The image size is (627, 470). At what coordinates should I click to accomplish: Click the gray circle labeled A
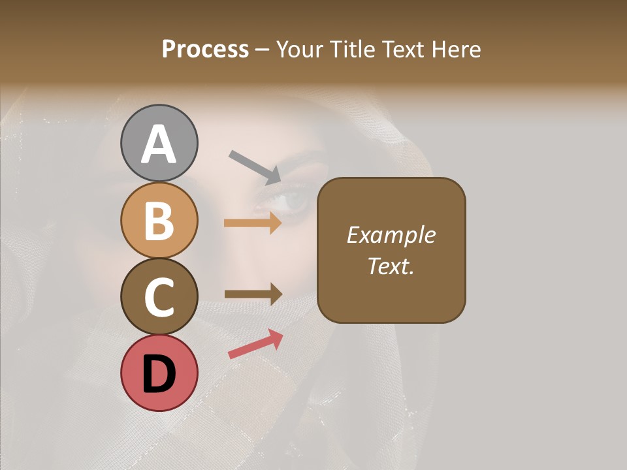coord(159,143)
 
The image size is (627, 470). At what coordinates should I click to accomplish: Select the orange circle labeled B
coord(159,220)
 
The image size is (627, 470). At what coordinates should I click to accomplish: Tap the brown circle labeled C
coord(159,296)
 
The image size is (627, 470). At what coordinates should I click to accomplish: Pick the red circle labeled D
coord(159,373)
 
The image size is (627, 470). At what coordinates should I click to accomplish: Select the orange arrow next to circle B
coord(253,223)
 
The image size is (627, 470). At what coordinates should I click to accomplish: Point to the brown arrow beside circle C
coord(253,294)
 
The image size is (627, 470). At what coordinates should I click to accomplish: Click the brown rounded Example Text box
coord(391,250)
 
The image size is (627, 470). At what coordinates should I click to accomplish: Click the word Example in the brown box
coord(391,235)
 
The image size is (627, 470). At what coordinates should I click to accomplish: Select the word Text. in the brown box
coord(391,266)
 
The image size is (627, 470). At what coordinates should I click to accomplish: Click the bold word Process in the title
coord(205,49)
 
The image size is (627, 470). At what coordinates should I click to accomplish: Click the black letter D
coord(159,374)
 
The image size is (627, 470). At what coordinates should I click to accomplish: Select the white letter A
coord(159,144)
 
